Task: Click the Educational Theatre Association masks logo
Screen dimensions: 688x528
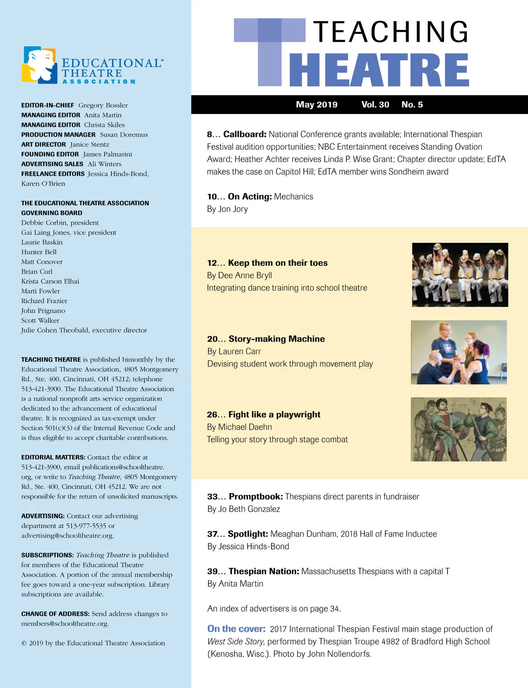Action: (39, 65)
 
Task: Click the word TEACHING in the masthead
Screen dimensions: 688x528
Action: (391, 32)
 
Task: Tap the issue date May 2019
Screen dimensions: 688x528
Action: (316, 105)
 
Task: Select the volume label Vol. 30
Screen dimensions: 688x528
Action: (375, 105)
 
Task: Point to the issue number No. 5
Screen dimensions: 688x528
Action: (412, 105)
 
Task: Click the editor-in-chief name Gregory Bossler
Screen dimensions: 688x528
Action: (103, 105)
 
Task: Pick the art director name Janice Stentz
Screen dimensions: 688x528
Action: (89, 144)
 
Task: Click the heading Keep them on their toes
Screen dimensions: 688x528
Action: (278, 263)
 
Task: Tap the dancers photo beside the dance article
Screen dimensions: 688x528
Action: (460, 275)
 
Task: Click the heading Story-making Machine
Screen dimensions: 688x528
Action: (276, 339)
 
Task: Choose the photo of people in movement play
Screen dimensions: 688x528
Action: (458, 352)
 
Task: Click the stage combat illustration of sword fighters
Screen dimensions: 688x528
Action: (458, 429)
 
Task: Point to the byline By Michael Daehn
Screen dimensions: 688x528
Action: (239, 427)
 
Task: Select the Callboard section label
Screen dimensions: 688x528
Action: (245, 134)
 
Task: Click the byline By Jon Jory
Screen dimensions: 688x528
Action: (227, 209)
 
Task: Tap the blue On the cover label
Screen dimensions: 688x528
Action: (236, 629)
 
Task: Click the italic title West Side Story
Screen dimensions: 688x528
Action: (235, 642)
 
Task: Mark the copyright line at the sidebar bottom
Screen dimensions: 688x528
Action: (93, 643)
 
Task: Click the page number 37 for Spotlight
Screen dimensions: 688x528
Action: (212, 534)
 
